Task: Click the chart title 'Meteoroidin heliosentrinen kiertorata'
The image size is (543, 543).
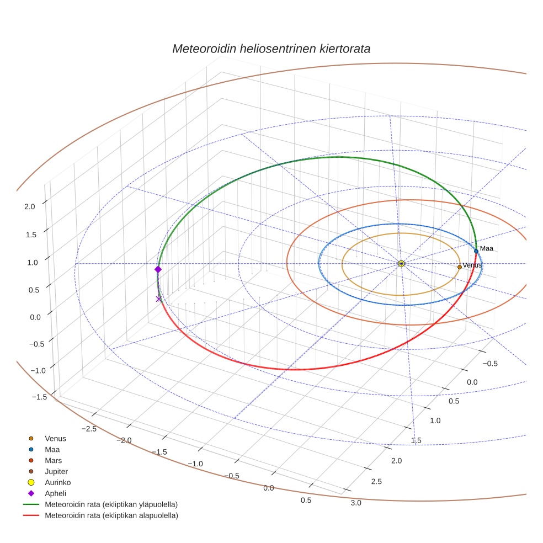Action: click(271, 49)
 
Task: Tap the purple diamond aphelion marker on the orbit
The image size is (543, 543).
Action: click(158, 269)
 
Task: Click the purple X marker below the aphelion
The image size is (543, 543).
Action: click(159, 299)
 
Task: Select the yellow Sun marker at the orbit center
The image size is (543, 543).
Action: click(401, 264)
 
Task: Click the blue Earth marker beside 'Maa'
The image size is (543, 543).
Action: click(476, 251)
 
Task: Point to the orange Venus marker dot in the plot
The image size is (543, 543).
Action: click(459, 267)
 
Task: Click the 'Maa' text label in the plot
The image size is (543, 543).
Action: click(486, 249)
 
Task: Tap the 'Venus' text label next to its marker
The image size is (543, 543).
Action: click(472, 265)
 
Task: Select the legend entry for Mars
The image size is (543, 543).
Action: click(53, 461)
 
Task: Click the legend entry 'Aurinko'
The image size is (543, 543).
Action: click(57, 483)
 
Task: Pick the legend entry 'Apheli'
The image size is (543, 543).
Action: click(55, 494)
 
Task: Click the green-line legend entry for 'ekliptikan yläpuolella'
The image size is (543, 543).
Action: click(111, 505)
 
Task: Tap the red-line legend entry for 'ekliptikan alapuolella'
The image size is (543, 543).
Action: click(111, 516)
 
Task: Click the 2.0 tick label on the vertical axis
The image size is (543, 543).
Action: click(30, 206)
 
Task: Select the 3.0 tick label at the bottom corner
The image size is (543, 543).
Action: click(355, 503)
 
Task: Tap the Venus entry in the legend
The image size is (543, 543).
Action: click(55, 439)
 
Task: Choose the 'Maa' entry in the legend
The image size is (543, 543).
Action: click(52, 450)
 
